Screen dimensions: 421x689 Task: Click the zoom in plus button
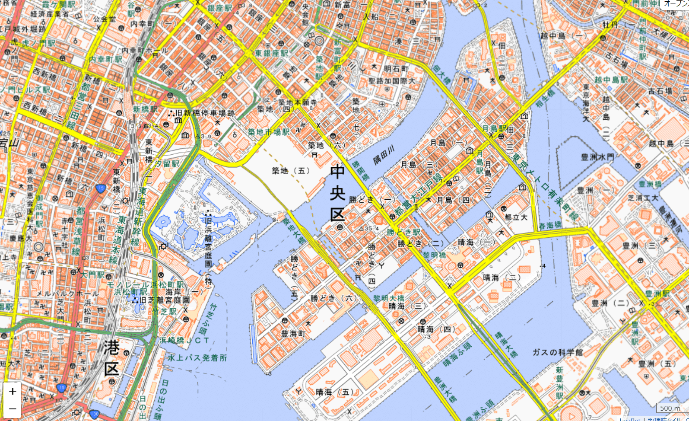click(x=12, y=392)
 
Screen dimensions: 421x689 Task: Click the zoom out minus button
click(x=12, y=408)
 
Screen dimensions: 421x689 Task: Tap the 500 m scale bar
click(x=670, y=408)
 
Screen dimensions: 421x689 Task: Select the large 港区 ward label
click(x=111, y=358)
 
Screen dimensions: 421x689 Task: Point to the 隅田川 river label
click(x=384, y=155)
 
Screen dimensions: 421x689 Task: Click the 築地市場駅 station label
click(x=268, y=132)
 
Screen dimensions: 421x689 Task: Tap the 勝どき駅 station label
click(x=403, y=232)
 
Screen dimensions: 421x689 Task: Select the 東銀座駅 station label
click(x=271, y=53)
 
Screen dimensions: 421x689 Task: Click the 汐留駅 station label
click(x=167, y=163)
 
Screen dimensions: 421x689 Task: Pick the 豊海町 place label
click(x=293, y=334)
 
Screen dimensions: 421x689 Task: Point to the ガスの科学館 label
click(x=557, y=352)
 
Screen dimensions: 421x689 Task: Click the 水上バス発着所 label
click(x=197, y=358)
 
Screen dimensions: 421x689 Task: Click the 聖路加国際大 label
click(x=392, y=81)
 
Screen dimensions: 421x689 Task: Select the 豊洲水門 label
click(x=597, y=157)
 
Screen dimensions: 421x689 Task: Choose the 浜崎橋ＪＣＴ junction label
click(x=184, y=340)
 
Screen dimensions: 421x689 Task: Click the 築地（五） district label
click(x=291, y=171)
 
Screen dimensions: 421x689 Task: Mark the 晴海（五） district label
click(x=335, y=392)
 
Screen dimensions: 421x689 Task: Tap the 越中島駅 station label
click(x=611, y=80)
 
